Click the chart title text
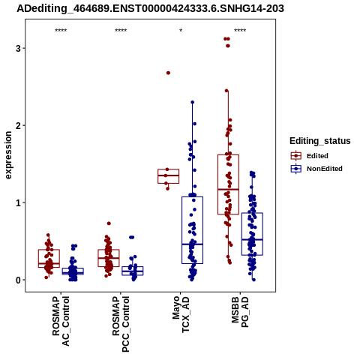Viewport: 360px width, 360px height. pyautogui.click(x=150, y=9)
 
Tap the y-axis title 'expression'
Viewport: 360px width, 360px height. pyautogui.click(x=8, y=155)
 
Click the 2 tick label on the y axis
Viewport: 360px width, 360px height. pyautogui.click(x=19, y=125)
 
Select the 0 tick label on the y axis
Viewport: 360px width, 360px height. pyautogui.click(x=19, y=280)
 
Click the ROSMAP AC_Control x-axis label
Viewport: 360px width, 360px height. pyautogui.click(x=61, y=321)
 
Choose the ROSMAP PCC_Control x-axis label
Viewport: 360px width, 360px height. pyautogui.click(x=121, y=324)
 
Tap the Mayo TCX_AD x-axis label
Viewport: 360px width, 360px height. pyautogui.click(x=181, y=314)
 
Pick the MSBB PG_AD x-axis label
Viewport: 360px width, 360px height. pyautogui.click(x=240, y=312)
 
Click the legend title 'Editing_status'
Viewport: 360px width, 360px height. pyautogui.click(x=320, y=141)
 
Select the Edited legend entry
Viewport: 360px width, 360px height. pyautogui.click(x=310, y=156)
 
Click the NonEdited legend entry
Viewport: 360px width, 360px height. pyautogui.click(x=316, y=169)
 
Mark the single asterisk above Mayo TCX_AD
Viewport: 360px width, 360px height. pyautogui.click(x=181, y=31)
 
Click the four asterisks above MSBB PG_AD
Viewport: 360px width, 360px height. pyautogui.click(x=240, y=31)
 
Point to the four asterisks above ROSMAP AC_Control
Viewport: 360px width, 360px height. pyautogui.click(x=61, y=31)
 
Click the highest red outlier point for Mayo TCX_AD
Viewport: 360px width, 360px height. pyautogui.click(x=168, y=73)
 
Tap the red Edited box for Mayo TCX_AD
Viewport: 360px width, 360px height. pyautogui.click(x=168, y=176)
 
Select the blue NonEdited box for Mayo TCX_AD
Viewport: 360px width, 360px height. pyautogui.click(x=192, y=230)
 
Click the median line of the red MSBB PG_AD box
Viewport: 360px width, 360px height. pyautogui.click(x=228, y=189)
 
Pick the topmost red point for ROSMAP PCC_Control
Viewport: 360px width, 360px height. pyautogui.click(x=109, y=223)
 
